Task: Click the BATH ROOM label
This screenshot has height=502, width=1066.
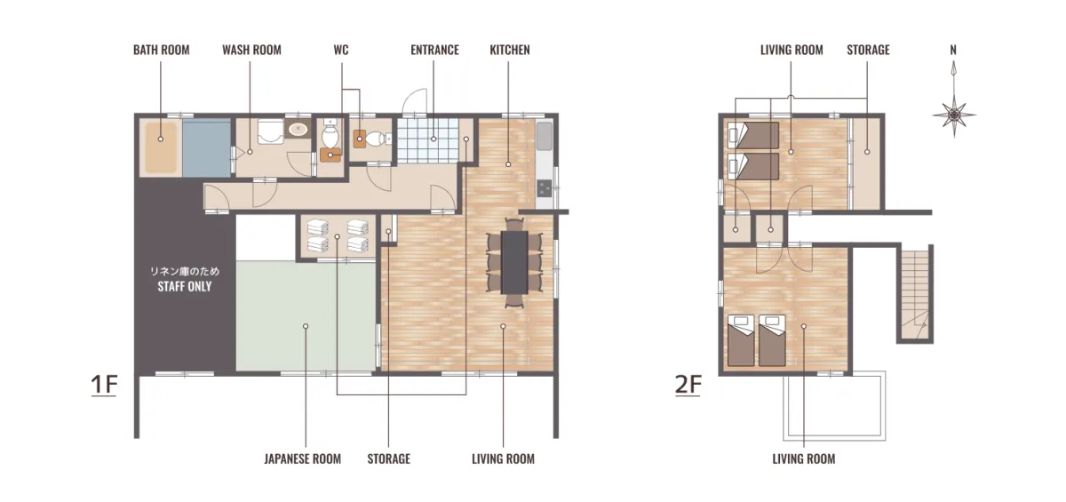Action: (162, 50)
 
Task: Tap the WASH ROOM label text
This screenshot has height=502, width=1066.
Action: (251, 50)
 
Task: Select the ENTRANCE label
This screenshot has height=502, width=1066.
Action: (435, 50)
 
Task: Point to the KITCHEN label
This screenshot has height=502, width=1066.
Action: (510, 50)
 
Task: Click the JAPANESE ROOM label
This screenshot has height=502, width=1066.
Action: (303, 459)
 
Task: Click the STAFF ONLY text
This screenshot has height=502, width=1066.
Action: (185, 286)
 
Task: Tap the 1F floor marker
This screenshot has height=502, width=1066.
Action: (104, 385)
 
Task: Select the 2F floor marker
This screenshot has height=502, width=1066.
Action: (688, 385)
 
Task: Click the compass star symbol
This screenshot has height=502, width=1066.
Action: (954, 116)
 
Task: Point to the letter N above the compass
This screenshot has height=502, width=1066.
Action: (953, 50)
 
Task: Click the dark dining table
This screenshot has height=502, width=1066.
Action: (514, 262)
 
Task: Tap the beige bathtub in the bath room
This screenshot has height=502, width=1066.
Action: (161, 147)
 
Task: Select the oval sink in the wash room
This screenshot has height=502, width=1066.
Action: (298, 129)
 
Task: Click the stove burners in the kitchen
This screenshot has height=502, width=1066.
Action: (545, 188)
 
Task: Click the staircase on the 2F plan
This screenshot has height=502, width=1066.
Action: (915, 294)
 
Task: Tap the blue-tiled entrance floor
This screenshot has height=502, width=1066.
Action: (428, 140)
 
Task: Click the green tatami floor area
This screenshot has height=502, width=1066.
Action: (306, 315)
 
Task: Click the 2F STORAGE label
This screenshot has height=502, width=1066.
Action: (868, 50)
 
